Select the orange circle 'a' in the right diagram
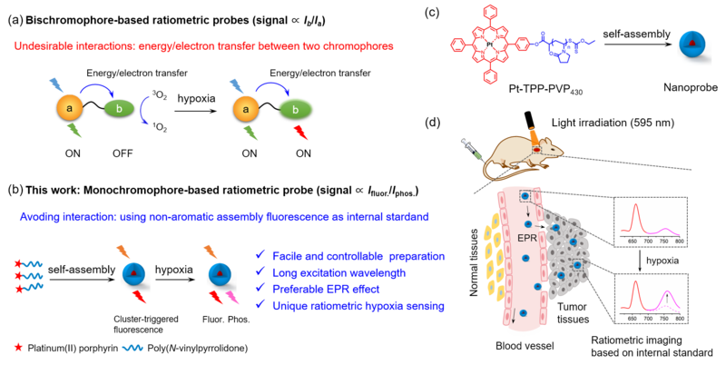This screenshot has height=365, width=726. pyautogui.click(x=242, y=109)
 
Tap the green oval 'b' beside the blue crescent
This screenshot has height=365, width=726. pyautogui.click(x=118, y=108)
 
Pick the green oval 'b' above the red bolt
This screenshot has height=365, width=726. pyautogui.click(x=291, y=110)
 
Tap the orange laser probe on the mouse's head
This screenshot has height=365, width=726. pyautogui.click(x=535, y=139)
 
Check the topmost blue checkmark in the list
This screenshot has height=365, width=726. pyautogui.click(x=261, y=255)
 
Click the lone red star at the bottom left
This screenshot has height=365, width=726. pyautogui.click(x=18, y=346)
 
